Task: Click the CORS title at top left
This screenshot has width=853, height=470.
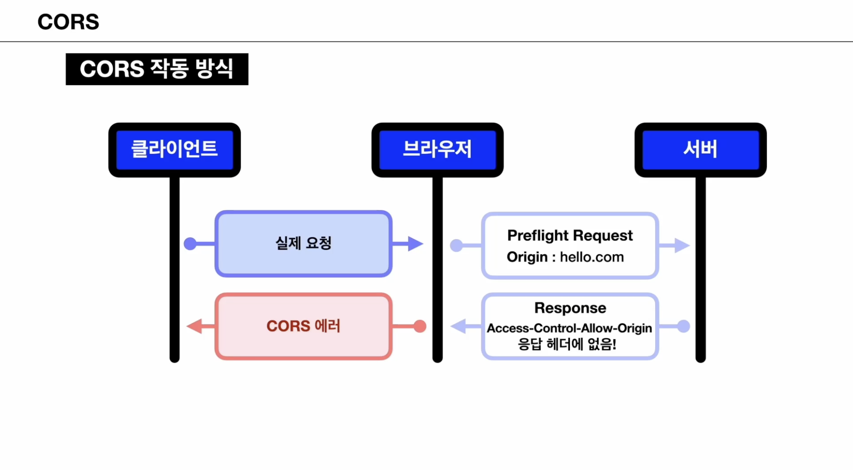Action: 68,22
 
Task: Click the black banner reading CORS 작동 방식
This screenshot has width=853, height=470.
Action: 157,69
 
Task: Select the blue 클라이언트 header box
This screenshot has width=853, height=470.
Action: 174,149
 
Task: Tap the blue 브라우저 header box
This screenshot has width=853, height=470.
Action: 437,149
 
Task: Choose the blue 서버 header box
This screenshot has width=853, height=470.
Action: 700,149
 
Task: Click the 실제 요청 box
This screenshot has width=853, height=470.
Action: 303,243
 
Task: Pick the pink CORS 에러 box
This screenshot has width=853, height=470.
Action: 303,326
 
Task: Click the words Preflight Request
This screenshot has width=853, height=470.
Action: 570,235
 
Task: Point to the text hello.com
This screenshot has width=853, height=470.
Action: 592,257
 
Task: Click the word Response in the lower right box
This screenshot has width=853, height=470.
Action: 570,308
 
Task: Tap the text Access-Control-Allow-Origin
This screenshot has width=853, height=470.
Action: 569,328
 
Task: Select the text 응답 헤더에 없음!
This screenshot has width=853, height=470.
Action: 567,344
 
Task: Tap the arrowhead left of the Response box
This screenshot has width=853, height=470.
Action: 459,326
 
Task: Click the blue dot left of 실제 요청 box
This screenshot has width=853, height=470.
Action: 190,244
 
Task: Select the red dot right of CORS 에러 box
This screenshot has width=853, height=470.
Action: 420,326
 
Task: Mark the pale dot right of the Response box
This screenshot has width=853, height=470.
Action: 683,326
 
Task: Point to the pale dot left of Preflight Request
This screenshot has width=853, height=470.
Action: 456,246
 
